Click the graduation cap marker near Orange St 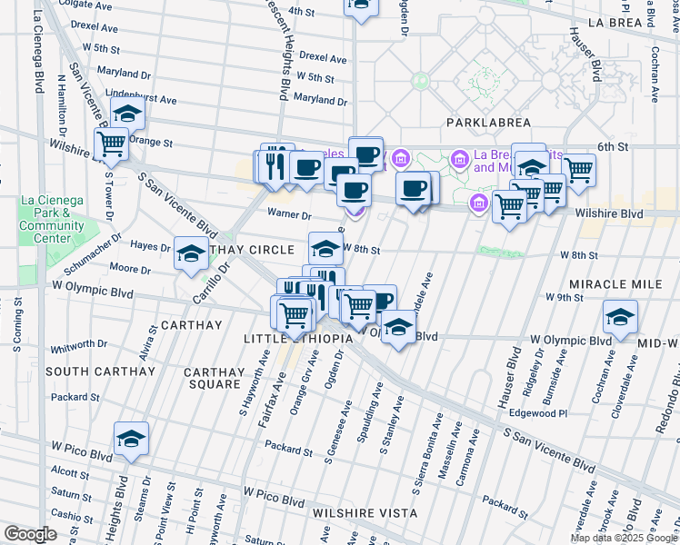[x=127, y=114]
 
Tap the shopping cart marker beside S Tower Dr [x=111, y=144]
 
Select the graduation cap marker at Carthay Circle [x=192, y=254]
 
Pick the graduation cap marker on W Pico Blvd [x=132, y=440]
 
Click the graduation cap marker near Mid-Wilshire [x=620, y=317]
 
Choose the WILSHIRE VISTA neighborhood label [x=365, y=513]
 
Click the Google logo [x=30, y=534]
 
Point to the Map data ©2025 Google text [x=623, y=538]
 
